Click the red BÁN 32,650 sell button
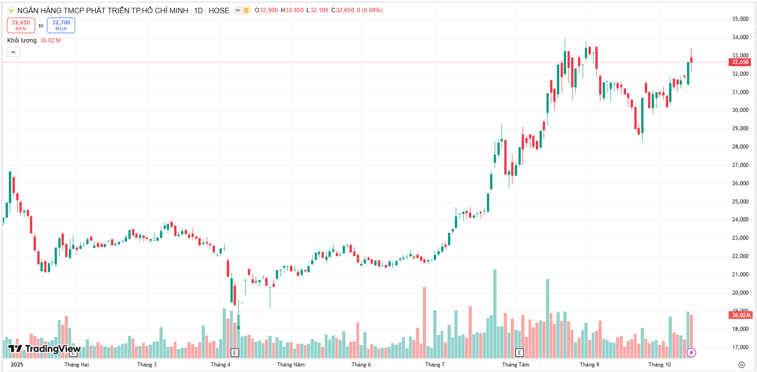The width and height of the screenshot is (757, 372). point(21,25)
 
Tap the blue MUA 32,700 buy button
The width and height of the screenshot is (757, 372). point(61,25)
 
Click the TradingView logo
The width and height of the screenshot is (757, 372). point(44,349)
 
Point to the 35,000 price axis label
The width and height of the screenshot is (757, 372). point(740,19)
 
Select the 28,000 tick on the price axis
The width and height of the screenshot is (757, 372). point(740,147)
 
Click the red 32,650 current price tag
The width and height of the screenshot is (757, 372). point(740,62)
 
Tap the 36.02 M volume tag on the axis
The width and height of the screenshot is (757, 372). point(741,315)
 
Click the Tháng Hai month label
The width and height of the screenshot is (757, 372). point(77,365)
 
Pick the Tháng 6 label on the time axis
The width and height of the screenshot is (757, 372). point(361,365)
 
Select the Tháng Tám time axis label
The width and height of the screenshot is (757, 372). point(516,365)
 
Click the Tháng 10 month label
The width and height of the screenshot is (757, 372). point(660,365)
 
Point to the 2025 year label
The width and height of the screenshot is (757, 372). point(17,365)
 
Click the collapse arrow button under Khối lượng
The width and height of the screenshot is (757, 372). point(13,52)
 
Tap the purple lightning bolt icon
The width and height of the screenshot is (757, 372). point(691,352)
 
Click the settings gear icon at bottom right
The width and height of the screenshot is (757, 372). point(741,365)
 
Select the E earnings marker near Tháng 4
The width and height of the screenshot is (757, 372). point(234,352)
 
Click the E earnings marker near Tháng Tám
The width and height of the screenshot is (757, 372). point(520,352)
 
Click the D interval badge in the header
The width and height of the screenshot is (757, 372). point(245,10)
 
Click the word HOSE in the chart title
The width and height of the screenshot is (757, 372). point(219,10)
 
